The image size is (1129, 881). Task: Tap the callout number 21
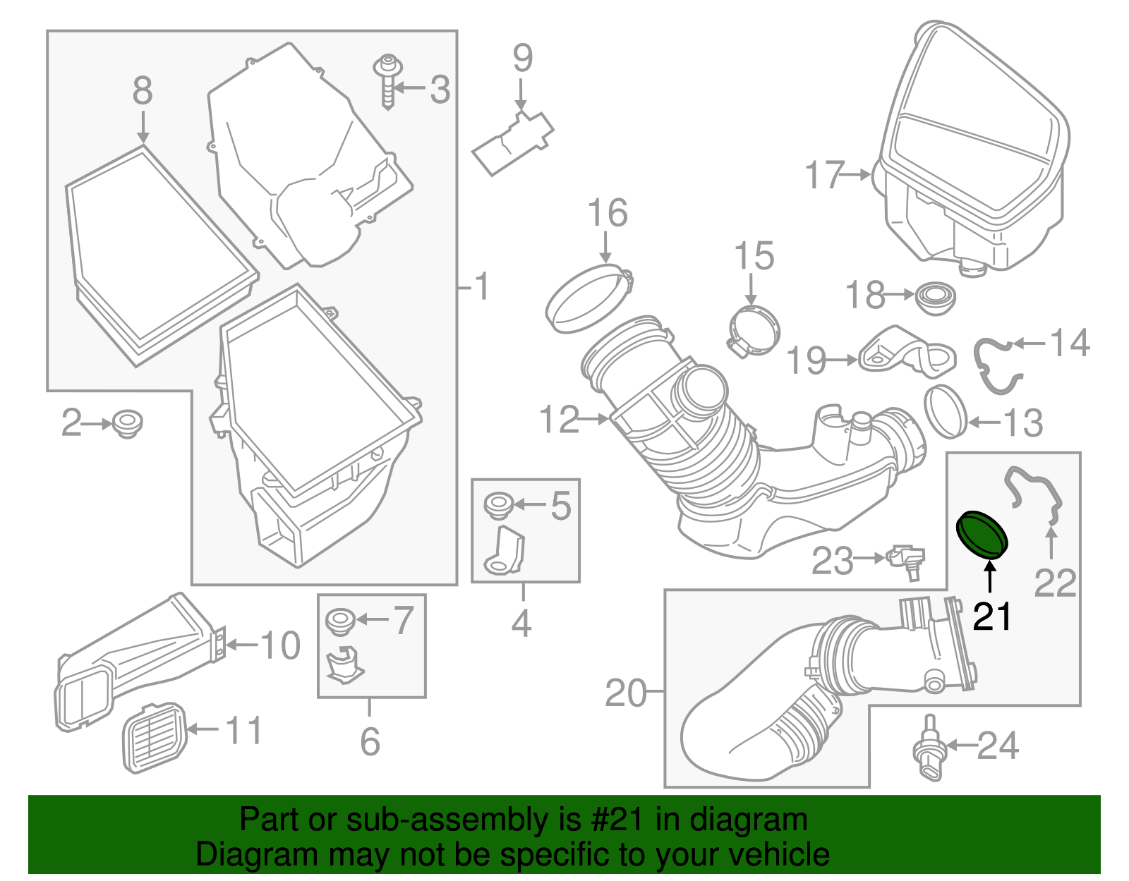click(991, 616)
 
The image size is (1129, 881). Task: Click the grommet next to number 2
click(128, 424)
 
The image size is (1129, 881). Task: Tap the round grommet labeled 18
click(935, 298)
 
